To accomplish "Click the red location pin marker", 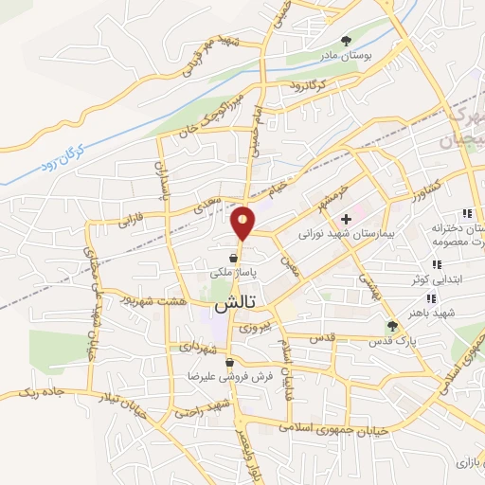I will (243, 221).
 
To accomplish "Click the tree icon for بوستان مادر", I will (346, 40).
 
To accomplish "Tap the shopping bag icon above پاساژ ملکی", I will (233, 257).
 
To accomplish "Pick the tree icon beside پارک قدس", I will (392, 326).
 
